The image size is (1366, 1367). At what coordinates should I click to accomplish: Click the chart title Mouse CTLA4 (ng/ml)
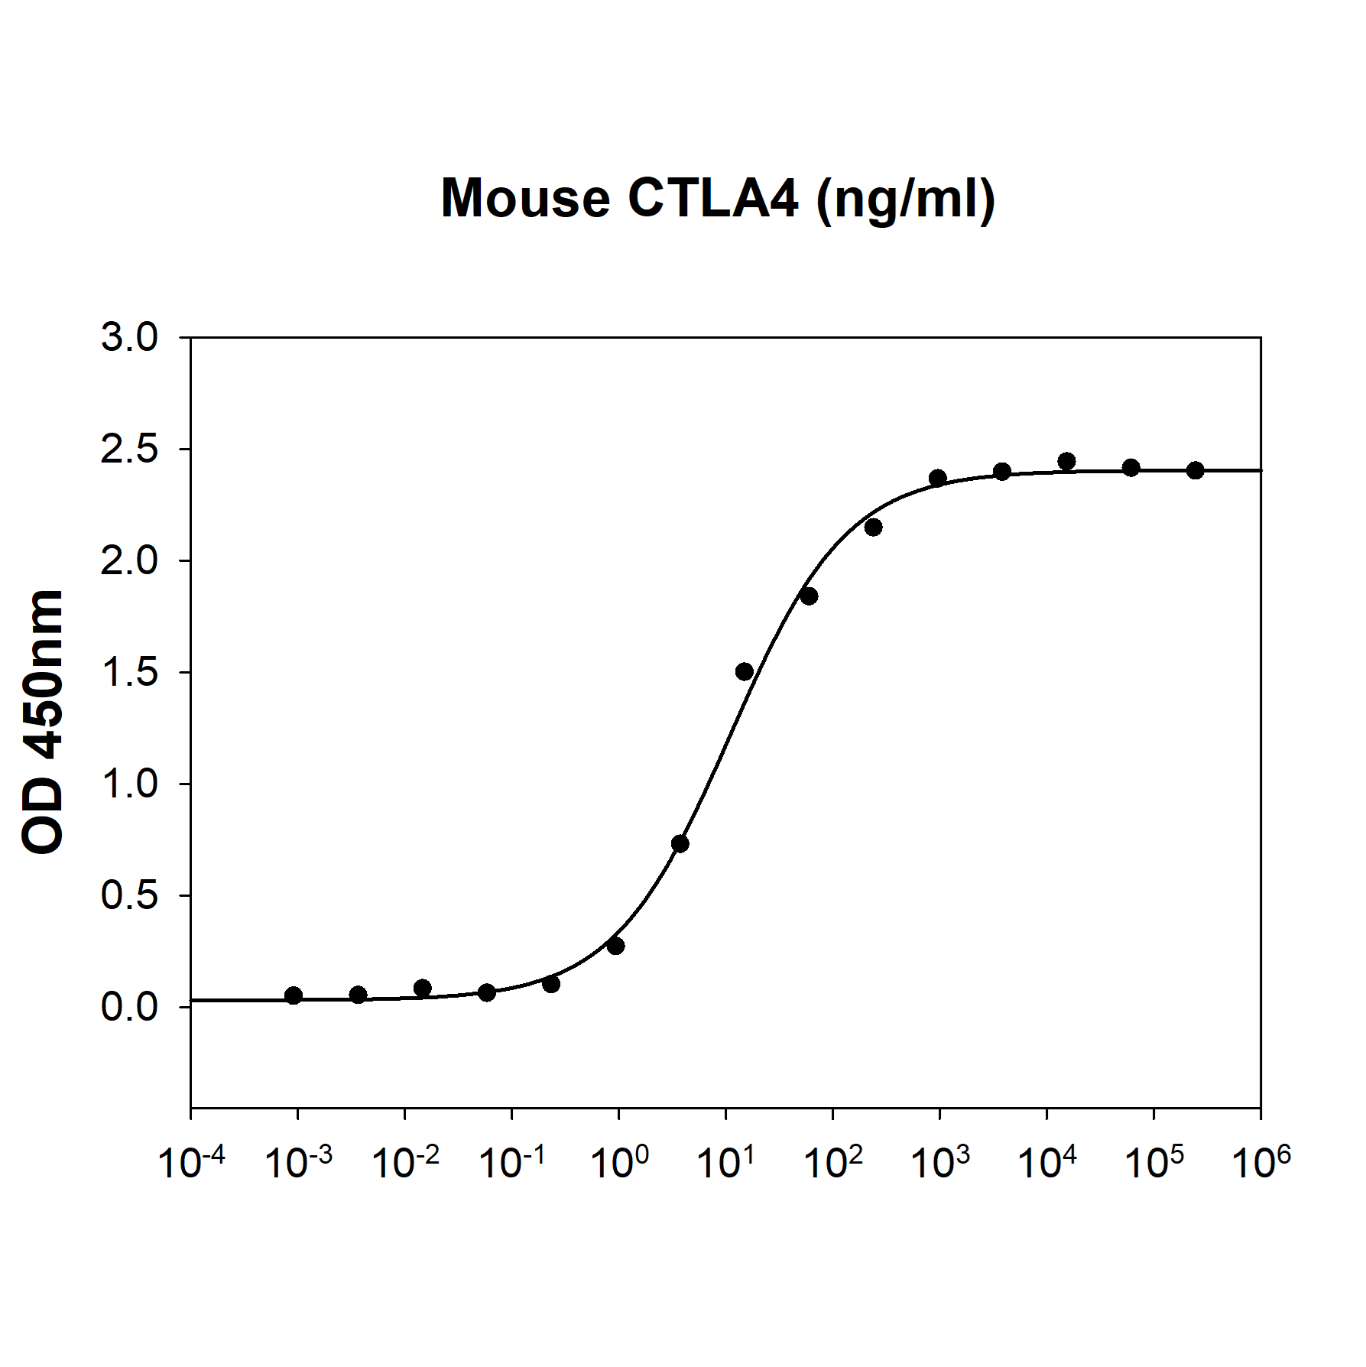pyautogui.click(x=718, y=199)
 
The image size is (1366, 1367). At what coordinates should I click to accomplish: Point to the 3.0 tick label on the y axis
pyautogui.click(x=129, y=337)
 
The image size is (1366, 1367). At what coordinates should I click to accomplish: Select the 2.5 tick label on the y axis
pyautogui.click(x=129, y=449)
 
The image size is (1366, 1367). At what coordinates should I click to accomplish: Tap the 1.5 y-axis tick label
pyautogui.click(x=129, y=672)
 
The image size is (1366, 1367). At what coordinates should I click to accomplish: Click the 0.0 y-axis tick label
pyautogui.click(x=129, y=1007)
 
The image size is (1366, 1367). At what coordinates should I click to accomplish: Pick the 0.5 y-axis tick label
pyautogui.click(x=129, y=895)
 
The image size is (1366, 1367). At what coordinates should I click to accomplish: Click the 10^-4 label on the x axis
pyautogui.click(x=191, y=1164)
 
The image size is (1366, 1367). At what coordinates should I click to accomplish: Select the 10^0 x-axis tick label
pyautogui.click(x=619, y=1164)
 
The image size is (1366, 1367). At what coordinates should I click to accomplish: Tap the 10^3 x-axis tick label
pyautogui.click(x=940, y=1164)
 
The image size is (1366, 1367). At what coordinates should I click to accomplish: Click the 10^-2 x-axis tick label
pyautogui.click(x=405, y=1164)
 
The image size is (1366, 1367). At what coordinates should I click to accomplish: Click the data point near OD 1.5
pyautogui.click(x=745, y=672)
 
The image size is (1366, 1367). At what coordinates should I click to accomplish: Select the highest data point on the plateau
pyautogui.click(x=1067, y=461)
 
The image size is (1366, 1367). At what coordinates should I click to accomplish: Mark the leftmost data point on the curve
pyautogui.click(x=294, y=995)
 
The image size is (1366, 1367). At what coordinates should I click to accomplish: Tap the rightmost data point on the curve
pyautogui.click(x=1196, y=470)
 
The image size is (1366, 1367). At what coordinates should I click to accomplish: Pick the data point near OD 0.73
pyautogui.click(x=680, y=844)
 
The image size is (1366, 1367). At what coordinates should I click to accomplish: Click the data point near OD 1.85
pyautogui.click(x=809, y=596)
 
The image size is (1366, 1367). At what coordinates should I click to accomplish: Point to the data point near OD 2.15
pyautogui.click(x=873, y=528)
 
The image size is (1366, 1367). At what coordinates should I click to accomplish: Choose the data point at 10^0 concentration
pyautogui.click(x=616, y=947)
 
